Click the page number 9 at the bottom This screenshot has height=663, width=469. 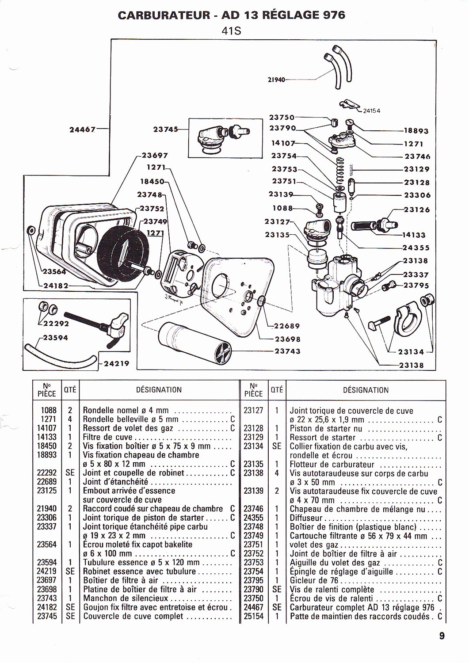[x=442, y=636]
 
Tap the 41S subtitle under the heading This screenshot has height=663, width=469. [x=232, y=31]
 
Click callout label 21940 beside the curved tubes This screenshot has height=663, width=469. [x=276, y=80]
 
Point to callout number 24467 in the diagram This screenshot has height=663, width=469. [x=83, y=130]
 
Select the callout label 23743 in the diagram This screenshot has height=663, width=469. [x=287, y=351]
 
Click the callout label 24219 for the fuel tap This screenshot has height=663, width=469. [x=116, y=363]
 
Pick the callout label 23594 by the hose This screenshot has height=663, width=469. [x=55, y=338]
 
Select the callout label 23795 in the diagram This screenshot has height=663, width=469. [x=416, y=286]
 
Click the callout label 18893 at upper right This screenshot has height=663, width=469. [x=416, y=131]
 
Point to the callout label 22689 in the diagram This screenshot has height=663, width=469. [x=287, y=326]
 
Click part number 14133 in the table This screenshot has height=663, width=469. [x=47, y=437]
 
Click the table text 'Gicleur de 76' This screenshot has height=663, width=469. [x=314, y=580]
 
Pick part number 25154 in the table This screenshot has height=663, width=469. [x=253, y=616]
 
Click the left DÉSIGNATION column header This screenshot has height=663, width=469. [x=159, y=390]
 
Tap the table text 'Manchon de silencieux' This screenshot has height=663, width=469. [x=126, y=598]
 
